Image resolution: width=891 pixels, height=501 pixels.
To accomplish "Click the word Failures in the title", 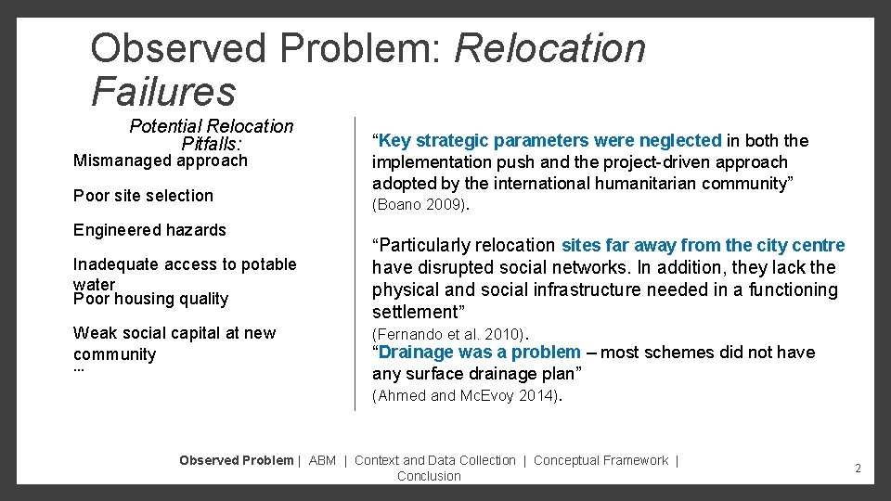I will pos(163,91).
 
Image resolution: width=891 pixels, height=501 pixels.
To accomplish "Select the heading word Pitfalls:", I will pos(212,144).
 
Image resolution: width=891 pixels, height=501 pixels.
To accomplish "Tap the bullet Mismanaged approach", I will pos(161,161).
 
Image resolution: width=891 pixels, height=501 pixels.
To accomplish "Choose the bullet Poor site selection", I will pos(143,196).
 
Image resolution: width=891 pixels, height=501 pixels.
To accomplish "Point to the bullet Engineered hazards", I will pos(149,230).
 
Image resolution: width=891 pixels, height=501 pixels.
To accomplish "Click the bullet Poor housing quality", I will pos(150,299).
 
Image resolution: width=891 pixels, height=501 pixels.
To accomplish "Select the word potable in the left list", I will pos(267,264).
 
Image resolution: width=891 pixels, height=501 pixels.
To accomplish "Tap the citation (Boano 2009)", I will pos(420,205).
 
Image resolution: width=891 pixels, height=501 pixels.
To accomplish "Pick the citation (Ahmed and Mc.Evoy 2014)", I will pos(467,396).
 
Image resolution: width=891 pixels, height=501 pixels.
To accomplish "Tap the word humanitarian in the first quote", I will pos(637,184).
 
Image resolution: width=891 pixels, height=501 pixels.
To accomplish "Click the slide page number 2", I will pos(858,469).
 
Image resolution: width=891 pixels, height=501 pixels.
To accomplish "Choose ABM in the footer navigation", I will pos(322,460).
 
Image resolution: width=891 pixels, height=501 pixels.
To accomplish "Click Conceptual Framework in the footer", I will pos(600,460).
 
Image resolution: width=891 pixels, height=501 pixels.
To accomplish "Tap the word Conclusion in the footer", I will pos(429,476).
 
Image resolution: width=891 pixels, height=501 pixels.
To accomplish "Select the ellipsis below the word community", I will pos(79,369).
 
